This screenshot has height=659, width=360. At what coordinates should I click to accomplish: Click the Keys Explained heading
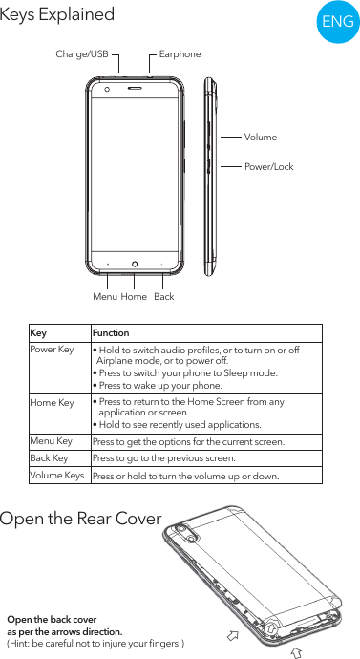57,15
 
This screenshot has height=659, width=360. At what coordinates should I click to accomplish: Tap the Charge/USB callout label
82,54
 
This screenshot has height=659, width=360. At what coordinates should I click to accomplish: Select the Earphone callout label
180,54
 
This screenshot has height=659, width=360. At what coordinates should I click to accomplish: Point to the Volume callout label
261,138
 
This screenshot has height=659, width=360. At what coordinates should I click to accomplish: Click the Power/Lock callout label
269,167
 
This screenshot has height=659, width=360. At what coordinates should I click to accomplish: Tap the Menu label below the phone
104,297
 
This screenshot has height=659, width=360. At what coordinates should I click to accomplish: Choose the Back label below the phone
164,297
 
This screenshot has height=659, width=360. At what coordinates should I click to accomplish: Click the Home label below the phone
134,297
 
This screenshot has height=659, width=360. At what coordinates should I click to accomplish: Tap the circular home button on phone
135,264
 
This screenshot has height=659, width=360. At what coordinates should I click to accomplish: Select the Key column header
38,333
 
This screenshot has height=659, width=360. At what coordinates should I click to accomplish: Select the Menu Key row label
52,441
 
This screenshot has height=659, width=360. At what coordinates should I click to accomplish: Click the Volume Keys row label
56,475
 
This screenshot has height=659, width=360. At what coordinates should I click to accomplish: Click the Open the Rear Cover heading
81,520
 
